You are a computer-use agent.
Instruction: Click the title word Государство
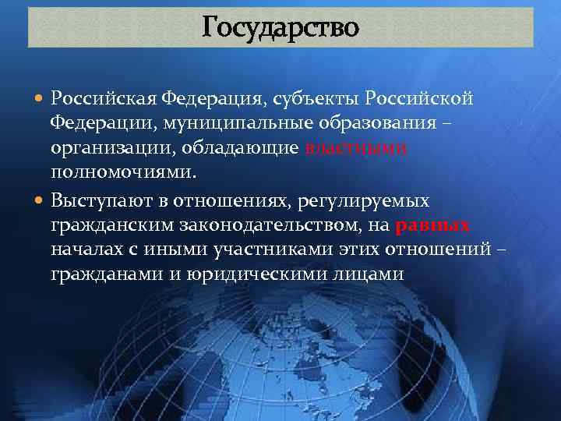point(280,27)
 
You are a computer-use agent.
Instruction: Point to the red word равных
point(432,226)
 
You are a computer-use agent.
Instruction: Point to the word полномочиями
point(123,174)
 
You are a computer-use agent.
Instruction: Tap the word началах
point(86,251)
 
